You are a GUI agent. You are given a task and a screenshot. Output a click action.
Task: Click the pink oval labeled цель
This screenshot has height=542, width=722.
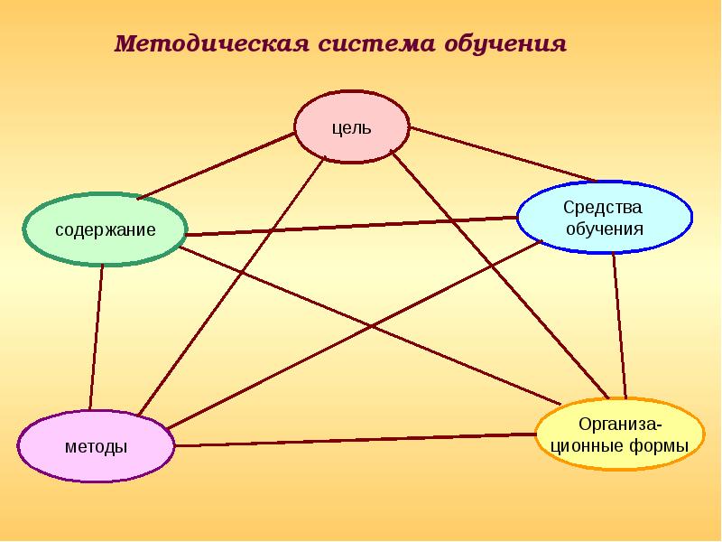tap(352, 126)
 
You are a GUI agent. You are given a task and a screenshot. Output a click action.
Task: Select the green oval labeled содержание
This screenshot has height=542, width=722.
tap(106, 229)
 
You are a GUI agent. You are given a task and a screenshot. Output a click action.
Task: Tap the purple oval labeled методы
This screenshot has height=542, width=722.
tap(96, 447)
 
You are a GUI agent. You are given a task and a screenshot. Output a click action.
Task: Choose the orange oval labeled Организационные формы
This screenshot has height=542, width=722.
tap(619, 435)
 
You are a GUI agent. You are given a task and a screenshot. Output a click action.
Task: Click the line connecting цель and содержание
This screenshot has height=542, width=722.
tap(217, 165)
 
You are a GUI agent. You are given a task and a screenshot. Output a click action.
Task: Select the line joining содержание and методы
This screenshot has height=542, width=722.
tap(96, 334)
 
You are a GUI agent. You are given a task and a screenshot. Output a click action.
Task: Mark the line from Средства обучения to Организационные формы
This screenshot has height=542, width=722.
tap(619, 325)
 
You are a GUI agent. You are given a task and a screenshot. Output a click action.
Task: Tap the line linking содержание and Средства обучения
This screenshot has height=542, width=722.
tap(352, 226)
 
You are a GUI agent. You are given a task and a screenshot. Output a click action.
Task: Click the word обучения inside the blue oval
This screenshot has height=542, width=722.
tap(604, 229)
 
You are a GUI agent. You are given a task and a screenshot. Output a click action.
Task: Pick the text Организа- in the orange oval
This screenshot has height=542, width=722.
tap(619, 425)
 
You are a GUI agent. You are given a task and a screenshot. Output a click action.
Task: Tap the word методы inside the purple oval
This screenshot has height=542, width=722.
tap(96, 447)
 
